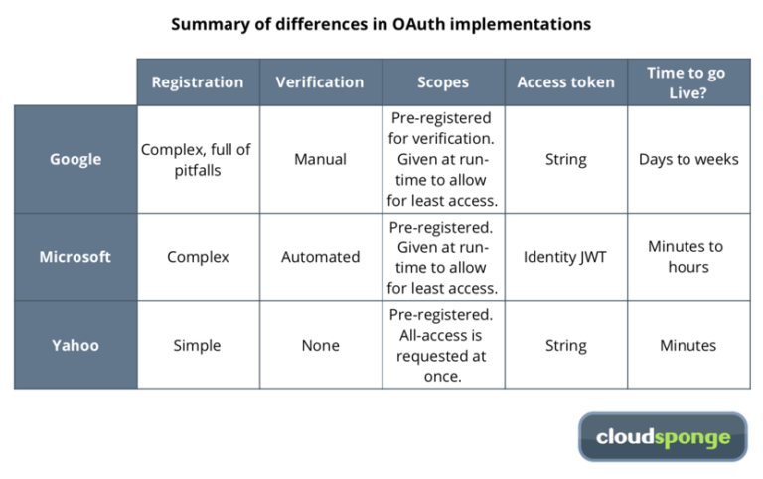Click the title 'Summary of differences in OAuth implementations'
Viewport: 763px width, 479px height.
point(381,23)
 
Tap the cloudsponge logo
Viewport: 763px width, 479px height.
point(663,437)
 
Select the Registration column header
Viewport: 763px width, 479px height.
point(198,82)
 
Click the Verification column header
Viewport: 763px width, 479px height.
point(320,82)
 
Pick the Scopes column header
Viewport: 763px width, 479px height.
point(442,82)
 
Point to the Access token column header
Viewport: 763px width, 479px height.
point(565,82)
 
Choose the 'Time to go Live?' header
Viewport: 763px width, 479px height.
point(688,82)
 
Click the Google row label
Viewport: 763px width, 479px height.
point(76,159)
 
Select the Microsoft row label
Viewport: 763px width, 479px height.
point(76,256)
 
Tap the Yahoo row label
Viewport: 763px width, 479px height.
point(76,345)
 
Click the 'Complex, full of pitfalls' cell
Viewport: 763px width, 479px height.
point(198,159)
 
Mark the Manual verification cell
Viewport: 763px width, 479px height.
point(320,159)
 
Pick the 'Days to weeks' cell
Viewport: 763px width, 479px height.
point(688,159)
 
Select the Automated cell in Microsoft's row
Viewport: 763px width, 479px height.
point(320,256)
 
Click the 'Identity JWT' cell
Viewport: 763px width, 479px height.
point(565,256)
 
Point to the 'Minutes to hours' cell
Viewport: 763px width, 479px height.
point(688,256)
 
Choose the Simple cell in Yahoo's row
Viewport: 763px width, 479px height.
point(198,345)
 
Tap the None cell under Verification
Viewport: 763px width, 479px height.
point(320,345)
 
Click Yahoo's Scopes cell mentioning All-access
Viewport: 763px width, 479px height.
point(442,345)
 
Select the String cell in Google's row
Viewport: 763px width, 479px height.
point(565,159)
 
